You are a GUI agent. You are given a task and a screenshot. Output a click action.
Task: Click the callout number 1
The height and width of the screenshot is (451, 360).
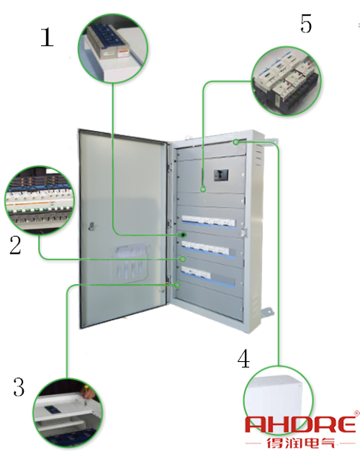pyautogui.click(x=48, y=37)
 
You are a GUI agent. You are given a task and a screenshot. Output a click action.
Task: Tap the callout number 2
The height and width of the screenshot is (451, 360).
pyautogui.click(x=15, y=245)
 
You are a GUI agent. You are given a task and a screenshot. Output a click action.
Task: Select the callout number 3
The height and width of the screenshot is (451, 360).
pyautogui.click(x=19, y=387)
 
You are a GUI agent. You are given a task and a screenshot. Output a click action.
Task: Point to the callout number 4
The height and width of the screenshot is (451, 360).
pyautogui.click(x=243, y=358)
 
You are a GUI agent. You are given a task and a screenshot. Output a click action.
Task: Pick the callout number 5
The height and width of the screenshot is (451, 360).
pyautogui.click(x=306, y=23)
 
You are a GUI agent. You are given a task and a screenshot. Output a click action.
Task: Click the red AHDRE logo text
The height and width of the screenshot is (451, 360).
pyautogui.click(x=300, y=424)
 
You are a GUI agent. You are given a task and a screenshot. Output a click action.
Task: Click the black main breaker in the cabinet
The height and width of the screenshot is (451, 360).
pyautogui.click(x=221, y=176)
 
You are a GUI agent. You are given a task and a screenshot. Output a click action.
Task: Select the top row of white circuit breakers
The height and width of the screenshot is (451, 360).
pyautogui.click(x=209, y=222)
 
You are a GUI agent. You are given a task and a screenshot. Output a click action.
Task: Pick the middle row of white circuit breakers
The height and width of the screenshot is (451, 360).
pyautogui.click(x=205, y=247)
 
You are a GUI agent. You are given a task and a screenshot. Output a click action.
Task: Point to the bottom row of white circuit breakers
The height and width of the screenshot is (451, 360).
pyautogui.click(x=196, y=273)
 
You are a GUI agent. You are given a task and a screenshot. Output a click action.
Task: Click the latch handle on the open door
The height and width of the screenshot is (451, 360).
pyautogui.click(x=91, y=226)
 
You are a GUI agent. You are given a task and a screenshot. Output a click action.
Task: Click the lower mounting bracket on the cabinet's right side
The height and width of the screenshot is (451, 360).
pyautogui.click(x=266, y=313)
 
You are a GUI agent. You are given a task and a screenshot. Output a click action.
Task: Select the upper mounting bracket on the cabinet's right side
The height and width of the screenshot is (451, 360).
pyautogui.click(x=271, y=141)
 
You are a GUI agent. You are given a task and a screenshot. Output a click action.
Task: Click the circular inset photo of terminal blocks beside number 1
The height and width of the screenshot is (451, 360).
pyautogui.click(x=113, y=48)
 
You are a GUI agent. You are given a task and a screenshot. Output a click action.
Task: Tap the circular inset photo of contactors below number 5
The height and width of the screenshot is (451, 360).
pyautogui.click(x=286, y=81)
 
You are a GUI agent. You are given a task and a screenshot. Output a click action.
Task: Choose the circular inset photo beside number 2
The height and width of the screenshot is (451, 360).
pyautogui.click(x=40, y=200)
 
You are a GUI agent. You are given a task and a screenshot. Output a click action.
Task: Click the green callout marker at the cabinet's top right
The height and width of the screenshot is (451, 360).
pyautogui.click(x=236, y=142)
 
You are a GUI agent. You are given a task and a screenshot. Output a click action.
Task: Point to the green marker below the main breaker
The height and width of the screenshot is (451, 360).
pyautogui.click(x=203, y=189)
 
